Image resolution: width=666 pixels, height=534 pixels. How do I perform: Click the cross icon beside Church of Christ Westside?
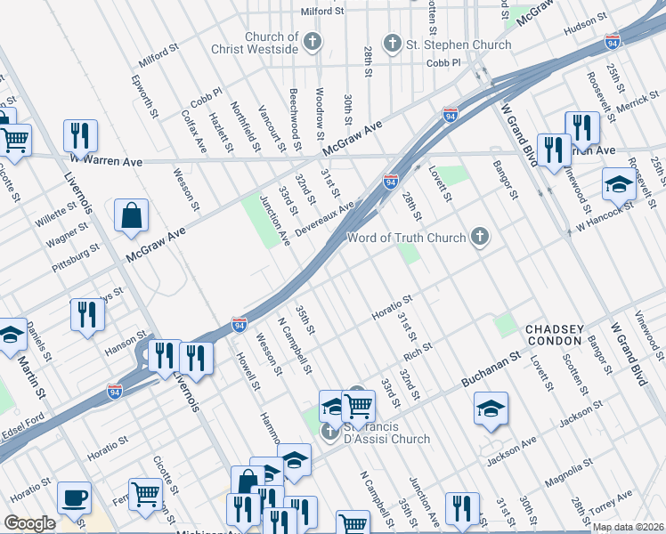point(313,41)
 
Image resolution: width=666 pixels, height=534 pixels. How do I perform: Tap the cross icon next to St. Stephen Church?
point(391,43)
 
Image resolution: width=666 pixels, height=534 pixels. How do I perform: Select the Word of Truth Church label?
point(406,238)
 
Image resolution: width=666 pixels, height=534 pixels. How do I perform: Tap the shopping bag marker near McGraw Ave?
point(131,214)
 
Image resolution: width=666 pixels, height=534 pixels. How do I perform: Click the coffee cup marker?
point(74,497)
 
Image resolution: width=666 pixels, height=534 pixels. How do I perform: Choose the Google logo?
point(29,523)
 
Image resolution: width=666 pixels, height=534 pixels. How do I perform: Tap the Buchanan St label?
point(490,370)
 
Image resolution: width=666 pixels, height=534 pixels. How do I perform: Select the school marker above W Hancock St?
point(619,184)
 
